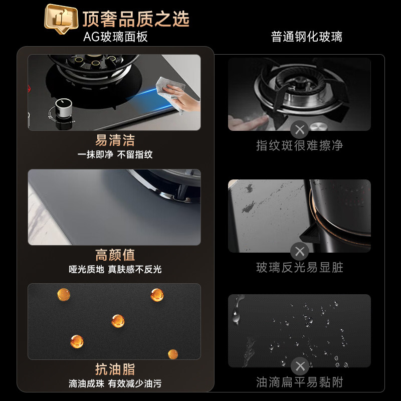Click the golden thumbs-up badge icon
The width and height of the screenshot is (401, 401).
62,19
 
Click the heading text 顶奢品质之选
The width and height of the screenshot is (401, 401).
136,19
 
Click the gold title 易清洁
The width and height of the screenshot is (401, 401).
115,140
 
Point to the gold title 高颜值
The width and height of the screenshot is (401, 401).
115,255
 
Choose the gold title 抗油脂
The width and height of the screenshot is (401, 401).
115,369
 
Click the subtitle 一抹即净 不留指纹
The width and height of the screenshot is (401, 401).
115,155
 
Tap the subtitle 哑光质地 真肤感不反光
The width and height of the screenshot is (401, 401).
115,270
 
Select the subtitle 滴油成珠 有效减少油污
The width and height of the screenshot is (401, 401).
115,384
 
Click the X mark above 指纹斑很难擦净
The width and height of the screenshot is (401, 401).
300,130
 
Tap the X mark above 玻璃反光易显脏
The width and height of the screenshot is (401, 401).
300,252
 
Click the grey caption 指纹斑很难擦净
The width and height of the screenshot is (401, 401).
300,146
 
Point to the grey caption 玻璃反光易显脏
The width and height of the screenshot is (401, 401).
300,268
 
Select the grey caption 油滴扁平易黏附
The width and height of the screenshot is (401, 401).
300,382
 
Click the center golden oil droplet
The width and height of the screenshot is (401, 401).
118,321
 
